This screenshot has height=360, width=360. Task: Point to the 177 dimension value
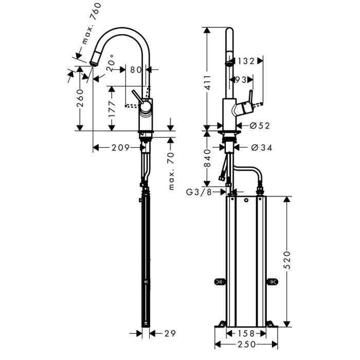tap(112, 109)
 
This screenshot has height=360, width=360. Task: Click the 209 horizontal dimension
tap(120, 148)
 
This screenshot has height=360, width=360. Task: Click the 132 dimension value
tap(246, 61)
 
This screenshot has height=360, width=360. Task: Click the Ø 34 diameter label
tap(261, 148)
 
